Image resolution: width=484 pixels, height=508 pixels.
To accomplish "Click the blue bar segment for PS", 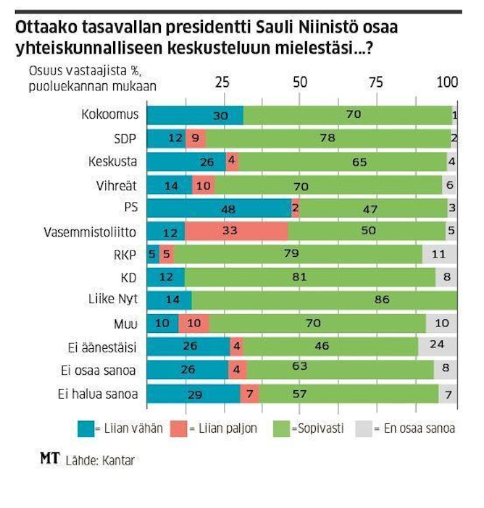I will [219, 208].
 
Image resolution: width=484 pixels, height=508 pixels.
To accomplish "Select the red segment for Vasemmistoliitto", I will [236, 232].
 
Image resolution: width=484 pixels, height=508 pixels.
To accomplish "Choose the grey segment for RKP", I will [440, 255].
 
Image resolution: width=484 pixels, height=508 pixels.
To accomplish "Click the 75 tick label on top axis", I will [375, 82].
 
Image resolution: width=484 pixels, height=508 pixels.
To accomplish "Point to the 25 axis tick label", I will [224, 82].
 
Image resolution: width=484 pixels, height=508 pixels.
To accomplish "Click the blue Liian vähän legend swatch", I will [87, 428].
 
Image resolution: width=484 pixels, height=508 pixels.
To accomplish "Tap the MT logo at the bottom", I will [50, 459].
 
